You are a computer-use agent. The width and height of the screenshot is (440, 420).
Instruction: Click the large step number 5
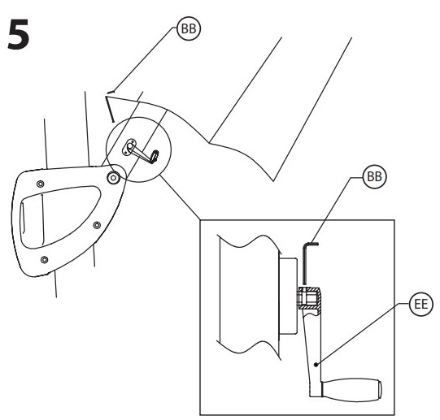tap(19, 34)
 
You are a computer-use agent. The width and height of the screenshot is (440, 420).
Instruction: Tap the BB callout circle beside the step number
tap(189, 28)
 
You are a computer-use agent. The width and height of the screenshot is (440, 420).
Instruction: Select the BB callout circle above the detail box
tap(374, 177)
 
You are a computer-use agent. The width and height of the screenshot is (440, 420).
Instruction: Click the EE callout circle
tap(421, 304)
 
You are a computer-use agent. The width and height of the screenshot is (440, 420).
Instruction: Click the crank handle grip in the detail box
tap(351, 391)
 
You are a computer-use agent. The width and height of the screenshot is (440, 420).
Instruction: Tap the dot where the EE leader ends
tap(316, 365)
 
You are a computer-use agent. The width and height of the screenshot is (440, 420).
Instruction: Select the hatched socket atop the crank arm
tap(309, 298)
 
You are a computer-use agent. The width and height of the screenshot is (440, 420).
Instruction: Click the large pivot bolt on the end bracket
tap(113, 177)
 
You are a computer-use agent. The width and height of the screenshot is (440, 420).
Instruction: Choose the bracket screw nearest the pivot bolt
tap(97, 225)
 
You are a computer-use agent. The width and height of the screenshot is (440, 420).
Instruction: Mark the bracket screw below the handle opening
tap(44, 259)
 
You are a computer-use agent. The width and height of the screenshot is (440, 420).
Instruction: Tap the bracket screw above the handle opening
tap(41, 184)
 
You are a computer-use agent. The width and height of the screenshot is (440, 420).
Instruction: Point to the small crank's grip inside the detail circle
tap(155, 156)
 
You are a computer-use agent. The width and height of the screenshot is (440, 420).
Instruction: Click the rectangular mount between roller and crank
tap(288, 296)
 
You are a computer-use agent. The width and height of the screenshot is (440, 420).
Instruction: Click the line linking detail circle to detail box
tap(180, 197)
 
